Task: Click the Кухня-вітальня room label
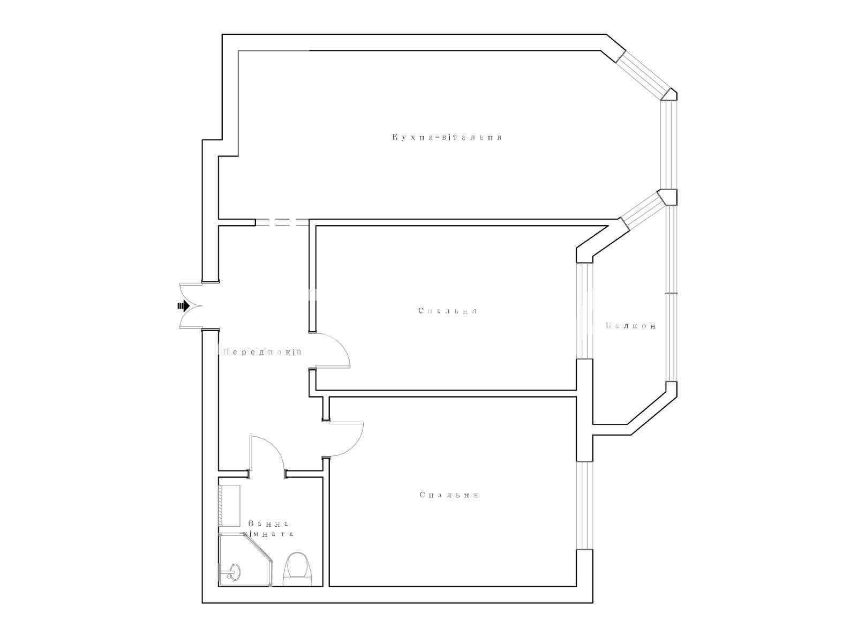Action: point(447,137)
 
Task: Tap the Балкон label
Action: point(630,325)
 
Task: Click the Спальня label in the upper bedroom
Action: point(448,311)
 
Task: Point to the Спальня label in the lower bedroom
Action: point(449,495)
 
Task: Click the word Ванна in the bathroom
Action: point(269,524)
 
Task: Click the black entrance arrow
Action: point(183,305)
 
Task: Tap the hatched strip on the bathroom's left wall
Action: point(221,506)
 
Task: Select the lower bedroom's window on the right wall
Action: point(584,505)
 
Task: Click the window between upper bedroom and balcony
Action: point(584,311)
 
